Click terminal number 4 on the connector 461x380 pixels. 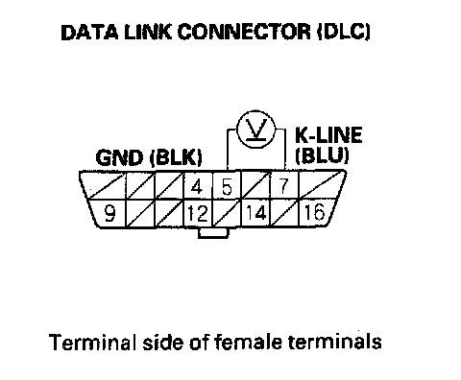point(197,186)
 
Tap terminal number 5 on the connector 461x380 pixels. point(227,186)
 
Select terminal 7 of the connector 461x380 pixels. point(283,186)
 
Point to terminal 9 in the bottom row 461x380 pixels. point(109,213)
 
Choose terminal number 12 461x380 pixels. point(198,213)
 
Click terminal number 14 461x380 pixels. point(255,212)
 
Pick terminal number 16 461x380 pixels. point(314,212)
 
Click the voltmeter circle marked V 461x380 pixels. point(255,130)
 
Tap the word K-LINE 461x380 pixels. point(328,134)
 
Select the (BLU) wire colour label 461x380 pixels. point(322,155)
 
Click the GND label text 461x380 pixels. point(119,157)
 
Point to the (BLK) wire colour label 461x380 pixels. point(176,157)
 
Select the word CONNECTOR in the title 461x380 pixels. point(244,32)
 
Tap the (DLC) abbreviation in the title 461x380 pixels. point(344,32)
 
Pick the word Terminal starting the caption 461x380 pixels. point(90,342)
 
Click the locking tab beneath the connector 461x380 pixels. point(213,233)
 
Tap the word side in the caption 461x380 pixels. point(162,342)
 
